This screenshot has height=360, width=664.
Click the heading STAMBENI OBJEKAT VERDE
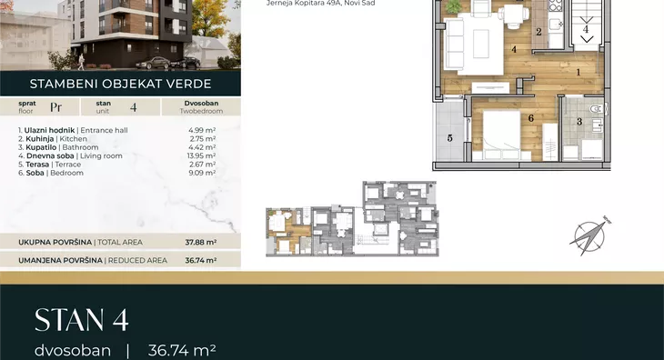coord(120,84)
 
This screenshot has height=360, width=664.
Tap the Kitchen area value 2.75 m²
coord(203,139)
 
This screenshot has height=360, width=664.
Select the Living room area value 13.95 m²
coord(202,155)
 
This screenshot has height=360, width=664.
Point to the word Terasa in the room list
coord(37,165)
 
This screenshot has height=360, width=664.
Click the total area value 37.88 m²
coord(201,243)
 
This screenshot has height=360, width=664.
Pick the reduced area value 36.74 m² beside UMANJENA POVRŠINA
coord(201,261)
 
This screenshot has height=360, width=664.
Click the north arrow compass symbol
coord(590,236)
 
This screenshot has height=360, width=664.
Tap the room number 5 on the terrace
coord(449,138)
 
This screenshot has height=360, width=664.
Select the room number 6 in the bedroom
coord(530,118)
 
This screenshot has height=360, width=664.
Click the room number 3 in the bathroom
coord(579,122)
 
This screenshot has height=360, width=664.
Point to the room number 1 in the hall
coord(578,73)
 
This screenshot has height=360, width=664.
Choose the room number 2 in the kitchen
coord(538,32)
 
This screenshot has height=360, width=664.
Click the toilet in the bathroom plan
coord(597,109)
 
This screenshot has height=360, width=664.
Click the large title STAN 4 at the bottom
coord(81,320)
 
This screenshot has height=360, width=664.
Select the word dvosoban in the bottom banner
coord(73,351)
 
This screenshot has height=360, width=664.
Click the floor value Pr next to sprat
coord(55,107)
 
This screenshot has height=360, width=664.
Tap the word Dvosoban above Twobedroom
coord(201,104)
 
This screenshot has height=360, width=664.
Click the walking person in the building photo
coord(80,62)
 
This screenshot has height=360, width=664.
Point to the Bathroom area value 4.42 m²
coord(203,147)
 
